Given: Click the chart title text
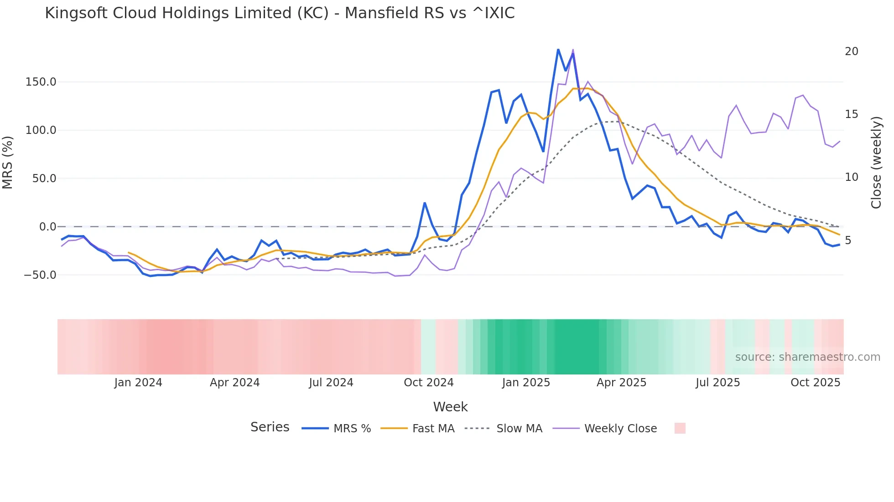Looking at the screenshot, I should (x=280, y=13).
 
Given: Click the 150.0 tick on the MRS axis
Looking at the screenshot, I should (x=41, y=82).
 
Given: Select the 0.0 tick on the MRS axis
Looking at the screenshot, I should (x=47, y=227).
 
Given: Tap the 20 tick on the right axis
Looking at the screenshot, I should (x=851, y=51).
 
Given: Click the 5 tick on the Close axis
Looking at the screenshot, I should (x=848, y=241).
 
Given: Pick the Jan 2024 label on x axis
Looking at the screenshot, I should (x=138, y=383).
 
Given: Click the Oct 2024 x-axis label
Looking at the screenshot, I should (x=428, y=383).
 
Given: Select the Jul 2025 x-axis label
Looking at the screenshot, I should (x=717, y=383).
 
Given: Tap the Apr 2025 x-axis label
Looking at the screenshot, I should (x=621, y=383).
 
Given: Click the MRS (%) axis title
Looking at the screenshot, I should (x=8, y=162).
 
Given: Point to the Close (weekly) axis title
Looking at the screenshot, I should (x=876, y=162).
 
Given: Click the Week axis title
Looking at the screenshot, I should (x=450, y=407).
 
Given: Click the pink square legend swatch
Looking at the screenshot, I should (x=680, y=428).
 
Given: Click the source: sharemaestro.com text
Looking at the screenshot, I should (x=807, y=357).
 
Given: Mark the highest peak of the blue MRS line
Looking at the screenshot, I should (x=558, y=49).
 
